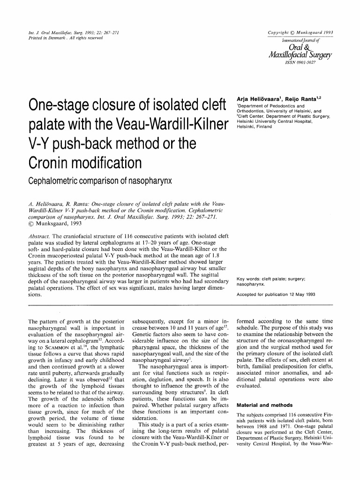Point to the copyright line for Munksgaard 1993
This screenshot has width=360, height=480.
point(300,32)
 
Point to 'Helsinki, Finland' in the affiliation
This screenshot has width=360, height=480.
point(255,127)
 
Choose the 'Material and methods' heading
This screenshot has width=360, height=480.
point(264,405)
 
